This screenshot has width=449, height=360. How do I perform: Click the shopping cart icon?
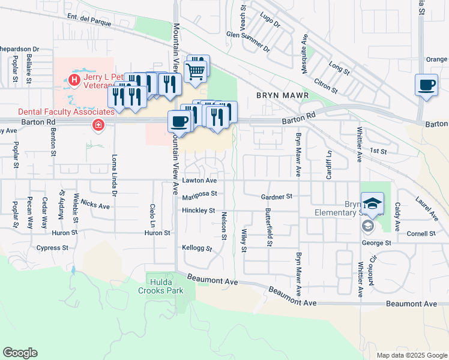(196, 71)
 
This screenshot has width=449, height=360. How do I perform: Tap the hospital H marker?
(74, 79)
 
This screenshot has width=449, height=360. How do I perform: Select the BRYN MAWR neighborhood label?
(282, 95)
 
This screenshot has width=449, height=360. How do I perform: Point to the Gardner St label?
(276, 196)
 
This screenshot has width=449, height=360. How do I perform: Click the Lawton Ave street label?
(199, 180)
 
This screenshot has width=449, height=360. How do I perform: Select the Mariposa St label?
(199, 194)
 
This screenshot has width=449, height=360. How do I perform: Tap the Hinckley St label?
(199, 211)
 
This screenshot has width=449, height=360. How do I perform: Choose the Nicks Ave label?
(95, 205)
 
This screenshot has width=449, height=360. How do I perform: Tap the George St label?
(376, 243)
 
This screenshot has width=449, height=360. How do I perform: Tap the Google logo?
(20, 353)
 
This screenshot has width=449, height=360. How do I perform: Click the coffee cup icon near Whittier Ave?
(426, 85)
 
